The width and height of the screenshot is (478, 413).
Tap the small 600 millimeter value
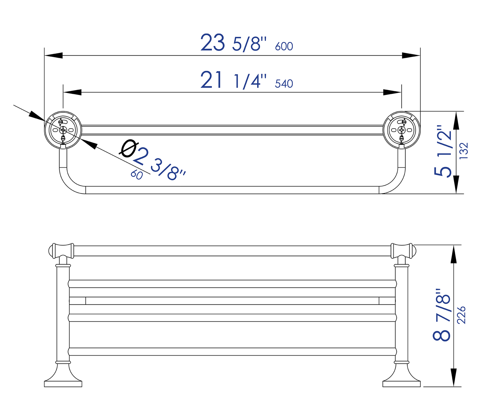[x=284, y=46]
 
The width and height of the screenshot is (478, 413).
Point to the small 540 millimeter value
[x=284, y=84]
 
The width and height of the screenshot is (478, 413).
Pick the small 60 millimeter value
[x=137, y=175]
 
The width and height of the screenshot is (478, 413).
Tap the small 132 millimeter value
[x=464, y=151]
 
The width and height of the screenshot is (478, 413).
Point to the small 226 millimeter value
[x=461, y=315]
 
